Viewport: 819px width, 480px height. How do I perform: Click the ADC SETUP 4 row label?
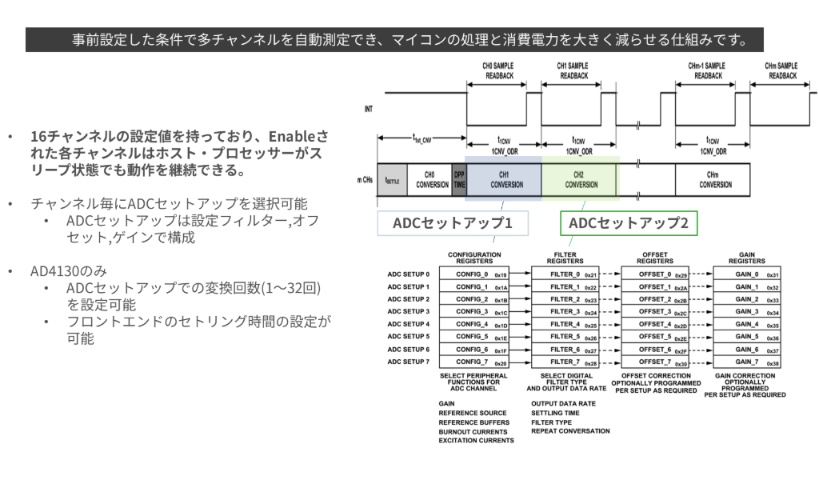click(408, 324)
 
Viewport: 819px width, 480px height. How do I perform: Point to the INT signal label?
click(368, 107)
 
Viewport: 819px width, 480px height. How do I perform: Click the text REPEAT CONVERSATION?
click(570, 431)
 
